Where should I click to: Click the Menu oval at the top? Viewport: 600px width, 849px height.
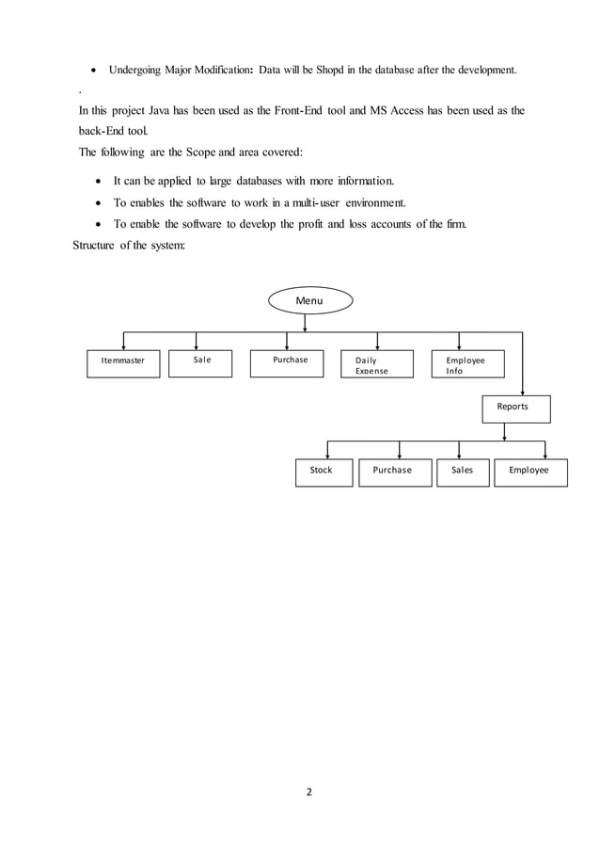[309, 300]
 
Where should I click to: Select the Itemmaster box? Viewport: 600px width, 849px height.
[124, 363]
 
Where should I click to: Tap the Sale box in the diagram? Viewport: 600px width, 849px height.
[199, 363]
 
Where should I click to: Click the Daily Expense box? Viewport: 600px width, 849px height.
[377, 363]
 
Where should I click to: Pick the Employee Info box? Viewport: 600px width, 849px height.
[466, 363]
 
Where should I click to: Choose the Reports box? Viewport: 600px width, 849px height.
[515, 408]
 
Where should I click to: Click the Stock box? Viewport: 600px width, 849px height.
[323, 472]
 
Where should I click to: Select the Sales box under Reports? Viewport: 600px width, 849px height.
[463, 472]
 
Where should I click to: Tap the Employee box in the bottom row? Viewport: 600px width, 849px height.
[530, 472]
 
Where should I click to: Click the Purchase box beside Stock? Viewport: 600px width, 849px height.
[394, 472]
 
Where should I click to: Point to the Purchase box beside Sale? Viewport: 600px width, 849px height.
[290, 363]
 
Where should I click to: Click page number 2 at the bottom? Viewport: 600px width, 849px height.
[308, 791]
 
